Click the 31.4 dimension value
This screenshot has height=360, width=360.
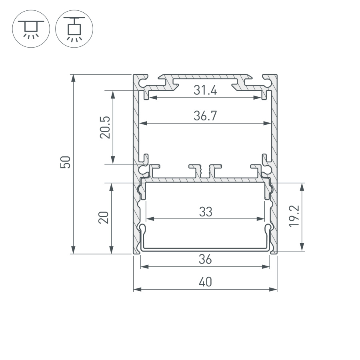pyautogui.click(x=205, y=91)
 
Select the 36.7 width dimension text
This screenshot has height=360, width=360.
pyautogui.click(x=205, y=116)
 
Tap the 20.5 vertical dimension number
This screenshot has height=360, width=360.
pyautogui.click(x=105, y=128)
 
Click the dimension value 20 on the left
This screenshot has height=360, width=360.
pyautogui.click(x=104, y=218)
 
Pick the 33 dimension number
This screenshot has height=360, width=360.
pyautogui.click(x=205, y=212)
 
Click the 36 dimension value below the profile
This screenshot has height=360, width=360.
pyautogui.click(x=205, y=260)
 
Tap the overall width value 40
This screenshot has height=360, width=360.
pyautogui.click(x=205, y=282)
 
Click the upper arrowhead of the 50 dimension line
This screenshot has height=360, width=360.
pyautogui.click(x=73, y=78)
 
